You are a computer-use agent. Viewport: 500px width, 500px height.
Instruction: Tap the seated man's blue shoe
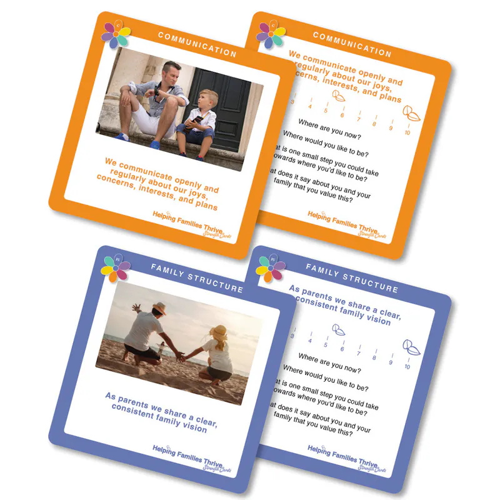point(154,145)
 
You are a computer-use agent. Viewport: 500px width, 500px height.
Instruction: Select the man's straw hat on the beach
point(159,308)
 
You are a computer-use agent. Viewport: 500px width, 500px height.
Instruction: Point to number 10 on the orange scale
point(407,132)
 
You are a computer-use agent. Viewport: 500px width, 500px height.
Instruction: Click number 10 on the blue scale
point(407,366)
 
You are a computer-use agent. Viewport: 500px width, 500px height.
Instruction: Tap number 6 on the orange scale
point(342,114)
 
